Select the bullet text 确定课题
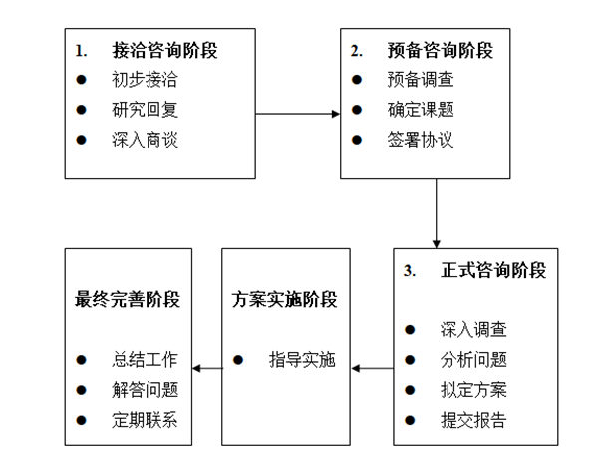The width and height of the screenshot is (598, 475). tap(420, 109)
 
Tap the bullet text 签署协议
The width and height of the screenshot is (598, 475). tap(420, 139)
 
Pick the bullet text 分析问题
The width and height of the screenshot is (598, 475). tap(472, 360)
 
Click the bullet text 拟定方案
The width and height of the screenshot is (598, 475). tap(472, 390)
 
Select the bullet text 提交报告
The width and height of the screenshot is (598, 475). tap(472, 420)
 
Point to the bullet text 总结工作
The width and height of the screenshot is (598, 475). tap(146, 360)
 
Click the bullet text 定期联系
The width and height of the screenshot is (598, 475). tap(146, 420)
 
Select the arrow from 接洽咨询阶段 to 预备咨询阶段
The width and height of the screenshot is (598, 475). tap(298, 113)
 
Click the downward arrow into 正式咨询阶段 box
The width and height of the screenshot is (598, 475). tap(436, 214)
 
